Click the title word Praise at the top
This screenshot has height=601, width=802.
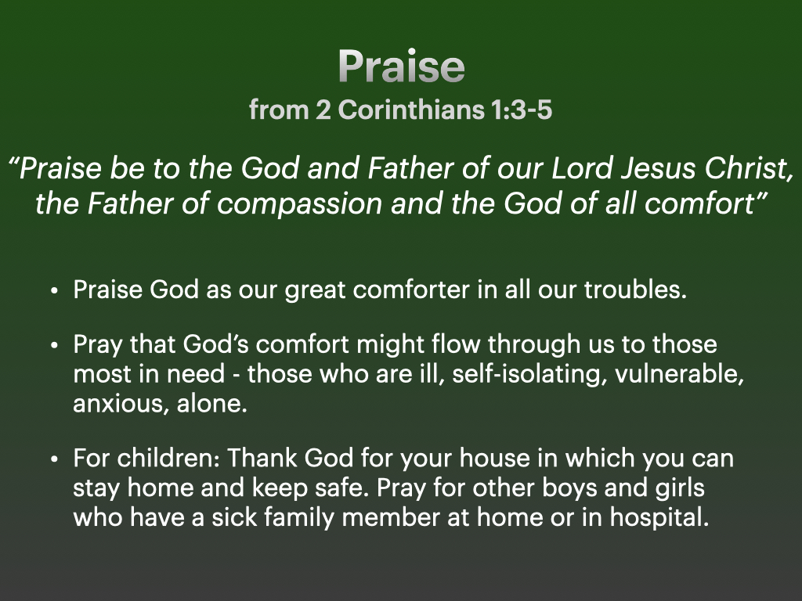[402, 67]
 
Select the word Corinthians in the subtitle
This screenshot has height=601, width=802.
[411, 110]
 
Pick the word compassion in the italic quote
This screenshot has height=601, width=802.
[299, 204]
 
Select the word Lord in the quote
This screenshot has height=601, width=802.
[582, 168]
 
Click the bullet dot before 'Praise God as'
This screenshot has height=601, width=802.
[55, 291]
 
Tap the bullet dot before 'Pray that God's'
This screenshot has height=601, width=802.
[55, 345]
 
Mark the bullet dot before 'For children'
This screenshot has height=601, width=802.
[55, 459]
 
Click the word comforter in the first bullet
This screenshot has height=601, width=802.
[411, 290]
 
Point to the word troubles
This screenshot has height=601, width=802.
[635, 290]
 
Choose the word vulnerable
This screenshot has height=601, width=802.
[679, 374]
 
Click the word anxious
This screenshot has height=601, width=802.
[121, 405]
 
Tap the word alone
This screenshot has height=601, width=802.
[211, 404]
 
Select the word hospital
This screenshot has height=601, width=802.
[659, 518]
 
